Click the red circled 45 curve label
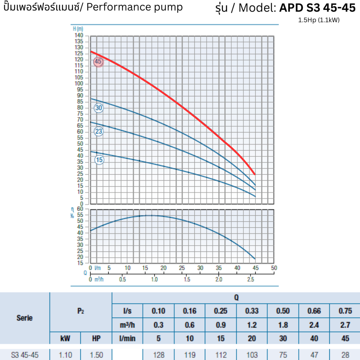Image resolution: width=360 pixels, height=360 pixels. [x=98, y=62]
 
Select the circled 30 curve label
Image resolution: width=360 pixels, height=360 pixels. [x=98, y=108]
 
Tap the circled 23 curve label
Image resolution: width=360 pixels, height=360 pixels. [x=99, y=131]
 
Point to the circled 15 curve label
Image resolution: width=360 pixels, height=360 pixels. [x=99, y=160]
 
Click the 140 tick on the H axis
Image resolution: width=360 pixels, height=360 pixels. [x=79, y=36]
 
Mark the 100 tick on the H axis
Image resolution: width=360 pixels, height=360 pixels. [x=79, y=84]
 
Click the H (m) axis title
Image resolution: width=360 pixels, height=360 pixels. [x=78, y=29]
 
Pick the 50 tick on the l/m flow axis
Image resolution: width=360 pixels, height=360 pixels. [x=274, y=268]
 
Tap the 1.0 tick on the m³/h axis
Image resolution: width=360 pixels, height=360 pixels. [x=154, y=279]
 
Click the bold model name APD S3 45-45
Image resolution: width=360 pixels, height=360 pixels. [x=317, y=8]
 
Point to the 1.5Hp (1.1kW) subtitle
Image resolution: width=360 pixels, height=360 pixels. [x=319, y=20]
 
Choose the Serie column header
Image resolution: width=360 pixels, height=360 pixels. [x=25, y=318]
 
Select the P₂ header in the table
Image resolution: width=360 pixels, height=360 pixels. [x=81, y=311]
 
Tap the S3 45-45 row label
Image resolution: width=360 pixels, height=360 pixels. [x=25, y=355]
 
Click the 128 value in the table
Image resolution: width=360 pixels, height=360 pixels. [x=159, y=355]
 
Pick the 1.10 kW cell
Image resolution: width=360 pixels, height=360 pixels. [x=65, y=355]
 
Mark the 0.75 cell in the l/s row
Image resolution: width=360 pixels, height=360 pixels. [x=345, y=311]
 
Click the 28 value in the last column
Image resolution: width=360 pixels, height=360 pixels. [x=345, y=355]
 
